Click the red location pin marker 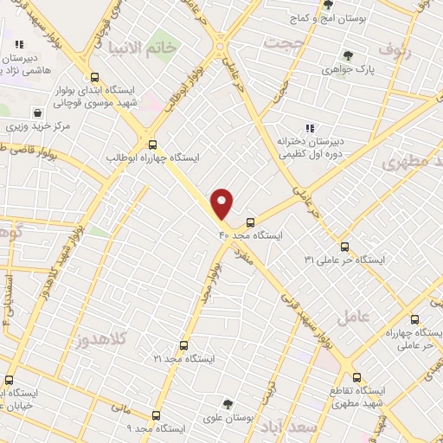point(223,202)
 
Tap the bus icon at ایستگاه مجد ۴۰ point(250,221)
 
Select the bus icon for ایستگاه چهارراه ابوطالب point(153,144)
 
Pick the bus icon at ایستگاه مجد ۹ point(156,414)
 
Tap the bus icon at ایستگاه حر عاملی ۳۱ point(344,246)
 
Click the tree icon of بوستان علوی point(228,403)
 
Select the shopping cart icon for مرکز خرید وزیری point(37,112)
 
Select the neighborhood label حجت point(286,42)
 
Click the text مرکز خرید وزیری point(37,126)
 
